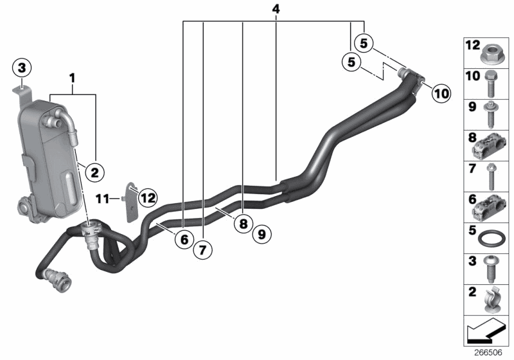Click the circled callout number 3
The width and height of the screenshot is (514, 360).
[x=22, y=67]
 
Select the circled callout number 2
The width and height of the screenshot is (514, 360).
[x=93, y=172]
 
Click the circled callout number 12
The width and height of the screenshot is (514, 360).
[x=148, y=197]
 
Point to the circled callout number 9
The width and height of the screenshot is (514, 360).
[x=261, y=235]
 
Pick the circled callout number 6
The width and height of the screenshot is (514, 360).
[x=183, y=239]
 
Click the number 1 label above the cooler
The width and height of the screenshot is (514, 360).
[x=73, y=78]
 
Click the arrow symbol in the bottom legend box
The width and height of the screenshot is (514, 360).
[x=484, y=333]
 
